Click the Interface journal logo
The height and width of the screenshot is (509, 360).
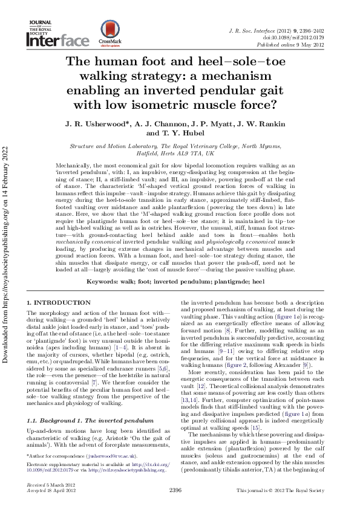pos(57,41)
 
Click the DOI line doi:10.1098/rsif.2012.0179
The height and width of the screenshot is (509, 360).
pos(303,37)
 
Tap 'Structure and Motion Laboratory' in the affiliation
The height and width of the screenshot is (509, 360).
pos(113,146)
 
